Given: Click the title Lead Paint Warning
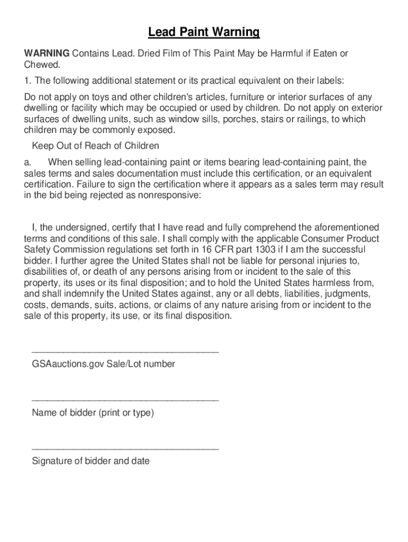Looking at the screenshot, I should pyautogui.click(x=204, y=33).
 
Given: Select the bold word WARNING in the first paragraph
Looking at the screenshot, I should pyautogui.click(x=47, y=53).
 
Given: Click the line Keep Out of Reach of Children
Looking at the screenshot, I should pyautogui.click(x=95, y=146).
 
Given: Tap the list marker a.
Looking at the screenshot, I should pyautogui.click(x=28, y=162).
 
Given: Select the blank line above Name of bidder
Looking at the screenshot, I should pyautogui.click(x=125, y=400).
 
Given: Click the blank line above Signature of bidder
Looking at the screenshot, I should pyautogui.click(x=125, y=448).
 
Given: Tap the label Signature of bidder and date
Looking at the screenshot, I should pyautogui.click(x=91, y=461).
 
